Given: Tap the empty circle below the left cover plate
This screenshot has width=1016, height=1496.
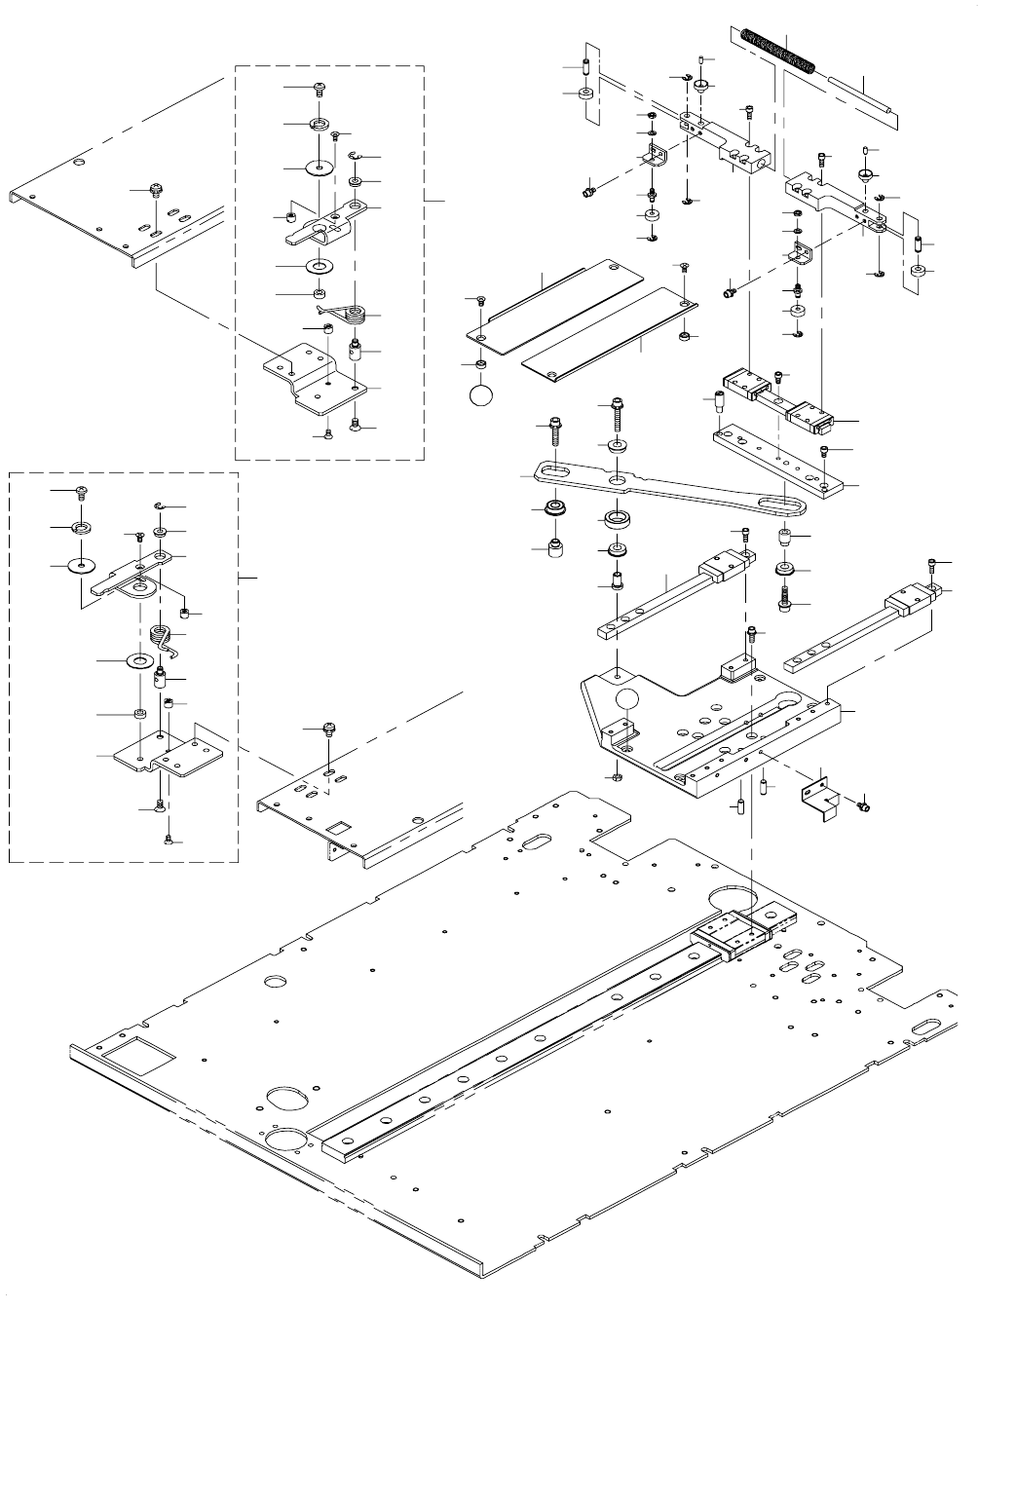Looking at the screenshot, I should point(482,397).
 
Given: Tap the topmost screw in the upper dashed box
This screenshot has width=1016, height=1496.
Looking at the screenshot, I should point(320,89).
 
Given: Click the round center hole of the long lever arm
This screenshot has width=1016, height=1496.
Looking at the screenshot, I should point(618,480).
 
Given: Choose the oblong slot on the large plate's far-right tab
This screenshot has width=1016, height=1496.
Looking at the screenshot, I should point(925,1027).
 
